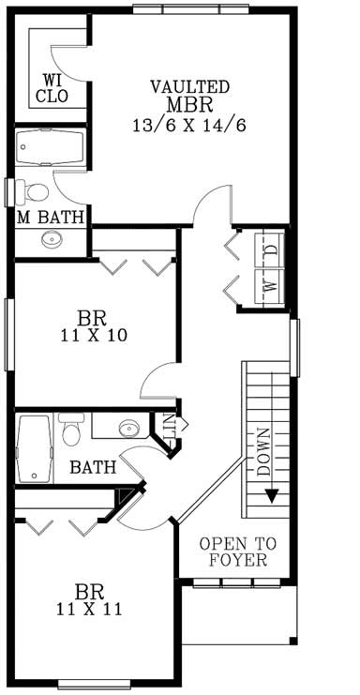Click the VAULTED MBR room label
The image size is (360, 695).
coord(190,95)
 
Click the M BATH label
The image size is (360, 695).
coord(51,217)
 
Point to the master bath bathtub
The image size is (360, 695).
coord(50,147)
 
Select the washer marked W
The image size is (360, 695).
coord(270,286)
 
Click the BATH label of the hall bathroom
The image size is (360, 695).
coord(93,466)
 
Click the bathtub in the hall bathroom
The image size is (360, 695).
coord(36,449)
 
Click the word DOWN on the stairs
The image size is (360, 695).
coord(263,449)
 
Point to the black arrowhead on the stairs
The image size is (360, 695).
coord(271,497)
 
